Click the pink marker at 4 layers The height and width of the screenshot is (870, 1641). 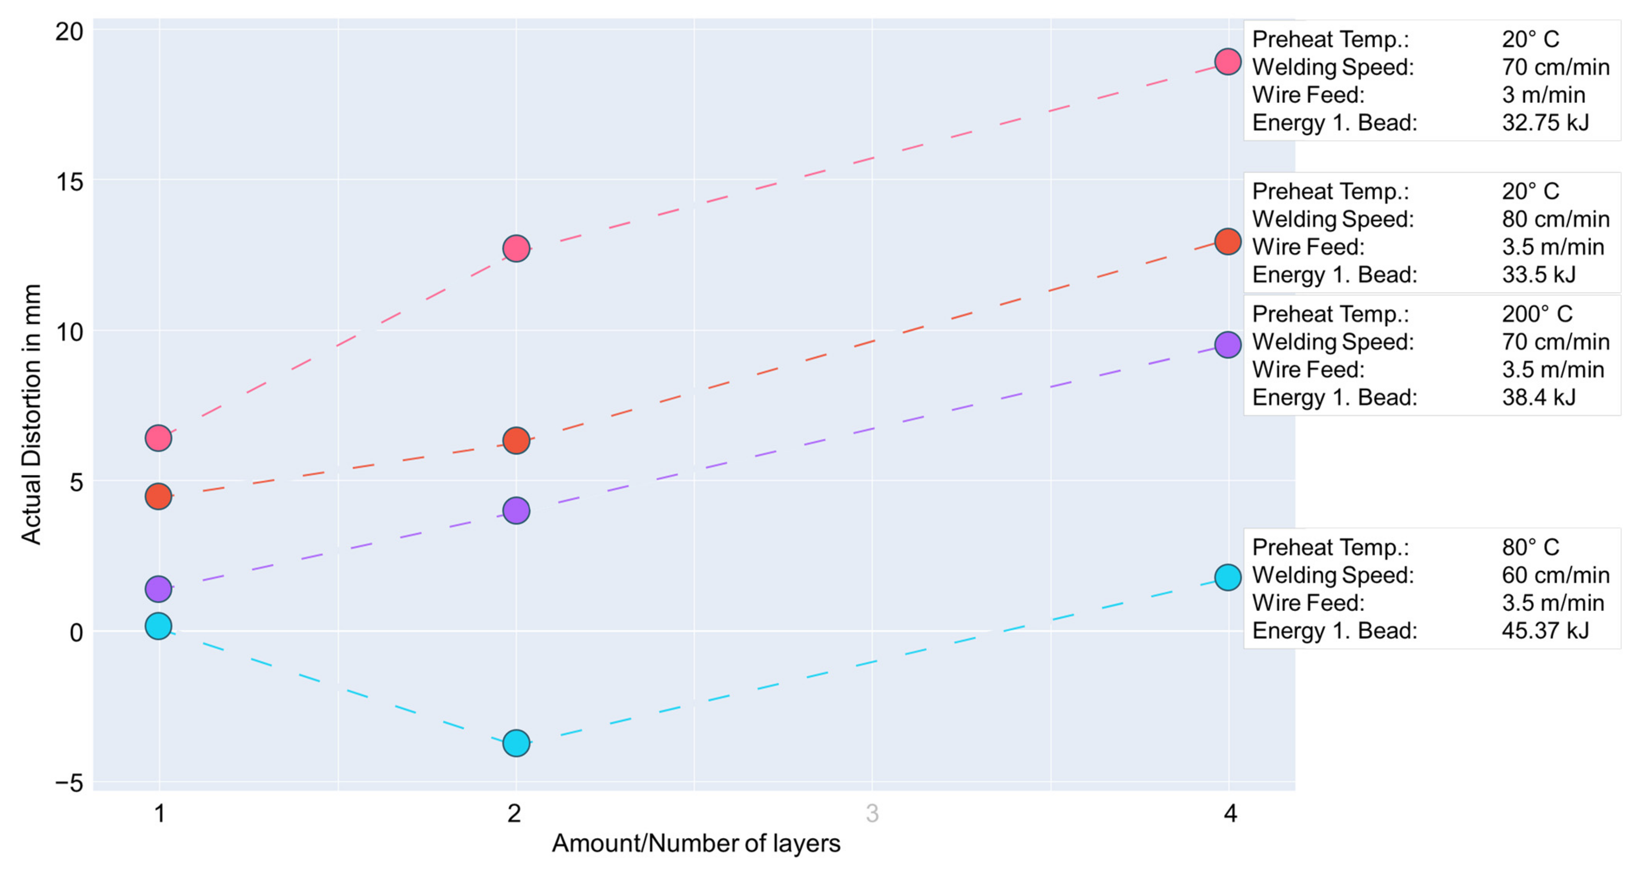(1227, 62)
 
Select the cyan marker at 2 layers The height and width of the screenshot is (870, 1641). (516, 743)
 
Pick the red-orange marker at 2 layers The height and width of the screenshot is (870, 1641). (516, 440)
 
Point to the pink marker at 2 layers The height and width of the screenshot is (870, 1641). (516, 248)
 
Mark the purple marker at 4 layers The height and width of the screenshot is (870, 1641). (1227, 345)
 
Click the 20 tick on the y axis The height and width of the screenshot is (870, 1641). (69, 31)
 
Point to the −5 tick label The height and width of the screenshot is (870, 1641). (69, 783)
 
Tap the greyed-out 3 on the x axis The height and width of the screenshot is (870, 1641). (872, 813)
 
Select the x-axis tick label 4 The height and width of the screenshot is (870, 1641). (1230, 813)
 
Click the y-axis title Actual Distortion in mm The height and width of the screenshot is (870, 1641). (31, 414)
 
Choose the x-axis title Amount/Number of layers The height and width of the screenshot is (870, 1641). (695, 843)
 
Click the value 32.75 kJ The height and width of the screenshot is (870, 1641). (1545, 122)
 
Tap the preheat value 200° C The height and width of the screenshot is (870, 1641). (1536, 314)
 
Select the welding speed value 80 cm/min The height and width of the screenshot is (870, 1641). (1555, 219)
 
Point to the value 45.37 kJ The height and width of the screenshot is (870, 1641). (1545, 631)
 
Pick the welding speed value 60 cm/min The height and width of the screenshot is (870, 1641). (1555, 575)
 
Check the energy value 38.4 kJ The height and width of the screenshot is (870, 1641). (1539, 398)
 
